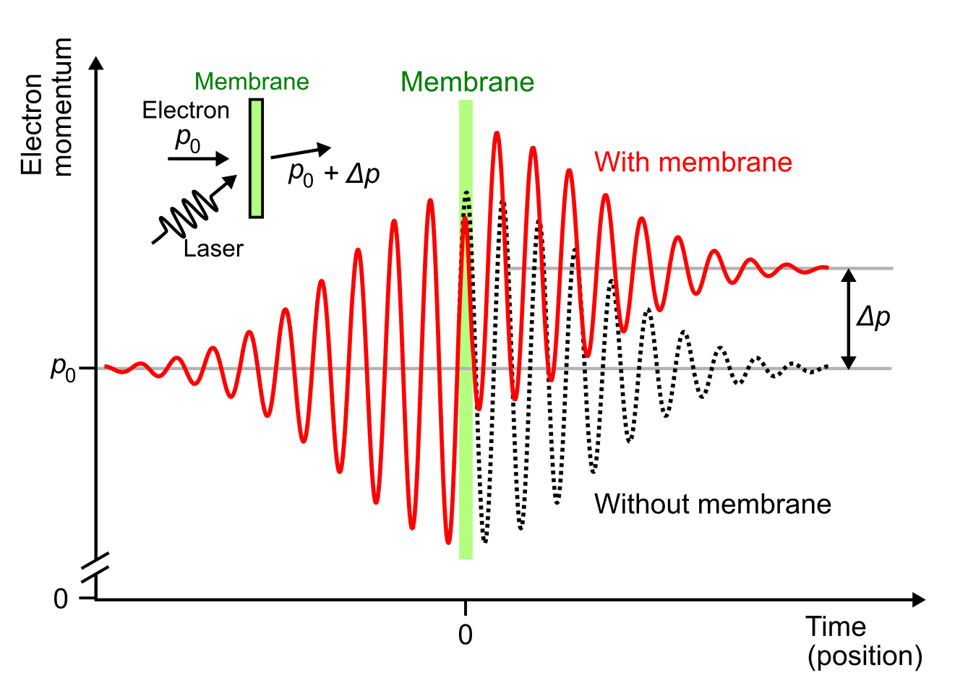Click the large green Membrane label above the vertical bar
tap(467, 82)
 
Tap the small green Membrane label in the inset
tap(252, 82)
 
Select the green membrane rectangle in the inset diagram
tap(256, 158)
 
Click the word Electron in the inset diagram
tap(186, 111)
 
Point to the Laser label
tap(213, 249)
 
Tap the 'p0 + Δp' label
tap(333, 174)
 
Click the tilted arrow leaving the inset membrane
tap(301, 152)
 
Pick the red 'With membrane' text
tap(693, 162)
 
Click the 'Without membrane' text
tap(712, 504)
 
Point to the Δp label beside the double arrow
tap(873, 317)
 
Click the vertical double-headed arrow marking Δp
tap(849, 318)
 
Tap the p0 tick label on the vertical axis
tap(63, 368)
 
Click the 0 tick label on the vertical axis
tap(61, 599)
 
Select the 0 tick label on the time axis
tap(466, 635)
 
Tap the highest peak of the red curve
tap(496, 134)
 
